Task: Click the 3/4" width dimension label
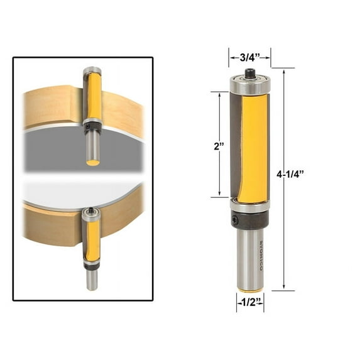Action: [250, 58]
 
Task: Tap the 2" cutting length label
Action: [219, 146]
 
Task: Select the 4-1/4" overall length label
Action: [290, 175]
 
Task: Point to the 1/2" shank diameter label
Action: [250, 303]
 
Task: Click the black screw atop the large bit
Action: [249, 74]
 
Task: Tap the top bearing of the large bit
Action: [250, 85]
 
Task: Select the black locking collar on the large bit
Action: [250, 220]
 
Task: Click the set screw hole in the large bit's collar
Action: [235, 220]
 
